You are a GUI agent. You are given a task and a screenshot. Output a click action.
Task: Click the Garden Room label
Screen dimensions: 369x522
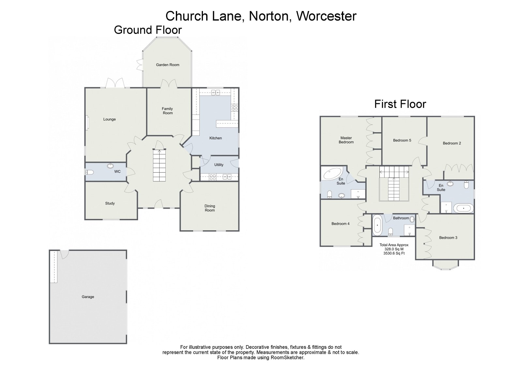(x=167, y=65)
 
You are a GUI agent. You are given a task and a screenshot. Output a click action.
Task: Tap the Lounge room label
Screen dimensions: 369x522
(x=109, y=119)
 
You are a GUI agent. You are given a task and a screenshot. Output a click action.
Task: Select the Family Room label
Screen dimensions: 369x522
(x=167, y=111)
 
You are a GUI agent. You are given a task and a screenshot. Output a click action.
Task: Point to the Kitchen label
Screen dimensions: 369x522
(x=215, y=138)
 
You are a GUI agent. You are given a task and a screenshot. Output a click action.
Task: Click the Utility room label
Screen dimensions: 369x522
(x=219, y=165)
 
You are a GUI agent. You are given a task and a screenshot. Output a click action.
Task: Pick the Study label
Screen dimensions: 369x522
(x=110, y=204)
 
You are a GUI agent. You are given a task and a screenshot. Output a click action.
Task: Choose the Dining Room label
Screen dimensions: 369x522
(x=210, y=208)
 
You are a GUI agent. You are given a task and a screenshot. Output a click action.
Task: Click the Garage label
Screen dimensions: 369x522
(x=88, y=297)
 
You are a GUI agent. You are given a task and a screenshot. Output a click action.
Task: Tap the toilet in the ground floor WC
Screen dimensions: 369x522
(x=89, y=173)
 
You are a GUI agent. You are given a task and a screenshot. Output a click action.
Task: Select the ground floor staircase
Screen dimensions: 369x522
(x=159, y=165)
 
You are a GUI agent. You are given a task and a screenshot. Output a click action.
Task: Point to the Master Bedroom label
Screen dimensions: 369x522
(x=346, y=140)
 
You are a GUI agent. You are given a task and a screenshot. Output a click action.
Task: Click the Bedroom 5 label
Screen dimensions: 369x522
(x=402, y=141)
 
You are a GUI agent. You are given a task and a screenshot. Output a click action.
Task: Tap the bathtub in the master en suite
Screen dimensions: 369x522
(x=332, y=173)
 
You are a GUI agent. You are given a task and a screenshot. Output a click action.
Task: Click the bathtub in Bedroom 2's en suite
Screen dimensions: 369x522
(x=464, y=208)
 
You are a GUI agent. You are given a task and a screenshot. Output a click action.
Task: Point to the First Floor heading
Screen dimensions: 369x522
(x=400, y=104)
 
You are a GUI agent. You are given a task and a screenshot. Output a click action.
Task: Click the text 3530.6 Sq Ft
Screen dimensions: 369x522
(x=394, y=253)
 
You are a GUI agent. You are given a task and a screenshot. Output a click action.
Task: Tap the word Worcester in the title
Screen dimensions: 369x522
(x=326, y=16)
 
